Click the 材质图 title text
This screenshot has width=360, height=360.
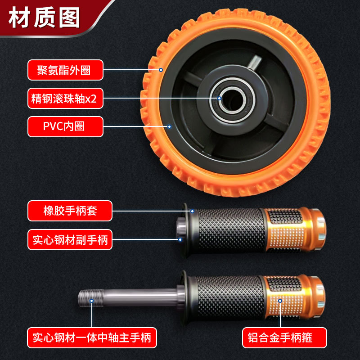coord(44,17)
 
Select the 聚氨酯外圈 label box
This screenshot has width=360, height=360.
coord(65,70)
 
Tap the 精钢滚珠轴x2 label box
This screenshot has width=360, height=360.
coord(65,99)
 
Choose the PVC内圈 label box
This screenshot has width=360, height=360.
coord(65,127)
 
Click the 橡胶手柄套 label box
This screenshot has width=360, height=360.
coord(70,211)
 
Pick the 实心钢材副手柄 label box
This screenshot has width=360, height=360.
coord(70,240)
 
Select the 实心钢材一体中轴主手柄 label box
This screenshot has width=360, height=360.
coord(92,338)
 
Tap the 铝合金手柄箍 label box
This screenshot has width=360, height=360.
coord(284,338)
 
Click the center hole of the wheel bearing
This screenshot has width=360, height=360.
coord(232,100)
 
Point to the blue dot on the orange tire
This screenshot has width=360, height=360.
coord(161,70)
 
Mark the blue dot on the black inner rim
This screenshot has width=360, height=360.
coord(169,126)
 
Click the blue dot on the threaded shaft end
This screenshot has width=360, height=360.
coord(92,301)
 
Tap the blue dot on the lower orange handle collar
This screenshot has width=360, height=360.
coord(280,301)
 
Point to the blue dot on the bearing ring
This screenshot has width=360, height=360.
coord(219,98)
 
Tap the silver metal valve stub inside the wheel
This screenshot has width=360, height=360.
coord(255,62)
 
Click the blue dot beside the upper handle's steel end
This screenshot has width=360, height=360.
coord(180,239)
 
